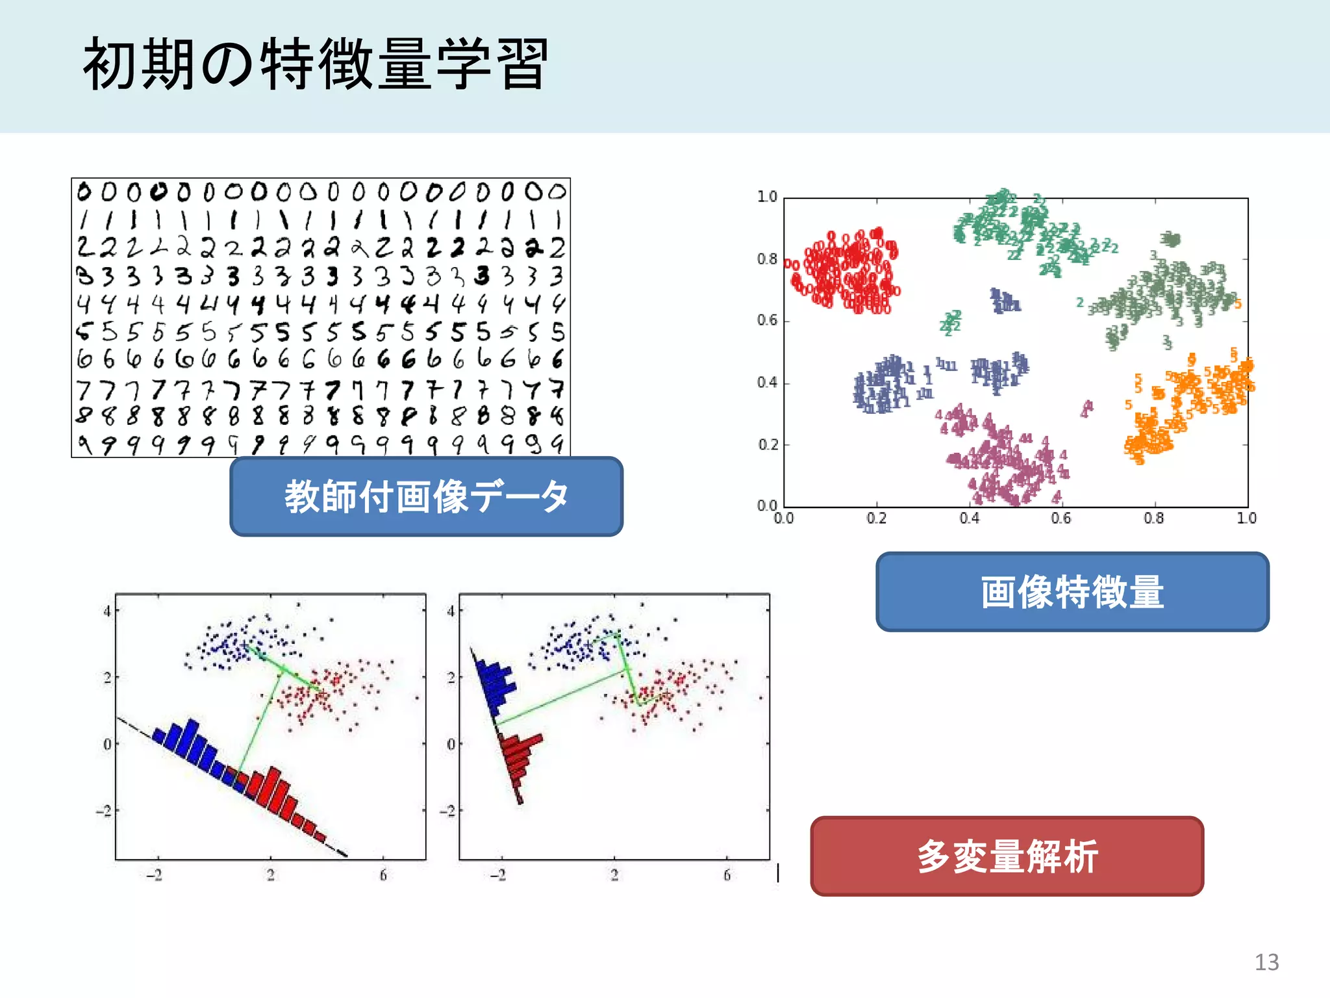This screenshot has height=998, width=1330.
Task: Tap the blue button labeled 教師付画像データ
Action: [x=426, y=496]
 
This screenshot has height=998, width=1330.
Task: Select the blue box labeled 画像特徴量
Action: [x=1072, y=592]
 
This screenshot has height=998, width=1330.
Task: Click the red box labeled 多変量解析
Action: [x=1007, y=856]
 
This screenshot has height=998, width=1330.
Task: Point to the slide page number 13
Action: [x=1266, y=962]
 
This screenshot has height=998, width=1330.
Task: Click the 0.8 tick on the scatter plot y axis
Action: [x=767, y=259]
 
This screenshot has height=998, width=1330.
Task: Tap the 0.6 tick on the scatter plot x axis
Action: [x=1061, y=518]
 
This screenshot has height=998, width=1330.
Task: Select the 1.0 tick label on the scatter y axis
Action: [x=767, y=196]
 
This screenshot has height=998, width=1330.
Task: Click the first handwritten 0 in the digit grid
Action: [x=84, y=192]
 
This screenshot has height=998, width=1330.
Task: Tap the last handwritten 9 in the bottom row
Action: [x=557, y=444]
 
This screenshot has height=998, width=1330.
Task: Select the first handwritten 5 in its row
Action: [x=83, y=332]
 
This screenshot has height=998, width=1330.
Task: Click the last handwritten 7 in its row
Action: [x=557, y=389]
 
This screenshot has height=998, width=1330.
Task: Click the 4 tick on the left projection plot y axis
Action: [x=107, y=611]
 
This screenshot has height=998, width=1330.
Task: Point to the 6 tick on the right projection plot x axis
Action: [x=727, y=875]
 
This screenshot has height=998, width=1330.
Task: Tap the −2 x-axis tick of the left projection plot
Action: [x=155, y=875]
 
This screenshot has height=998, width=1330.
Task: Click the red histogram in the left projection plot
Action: [x=279, y=796]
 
